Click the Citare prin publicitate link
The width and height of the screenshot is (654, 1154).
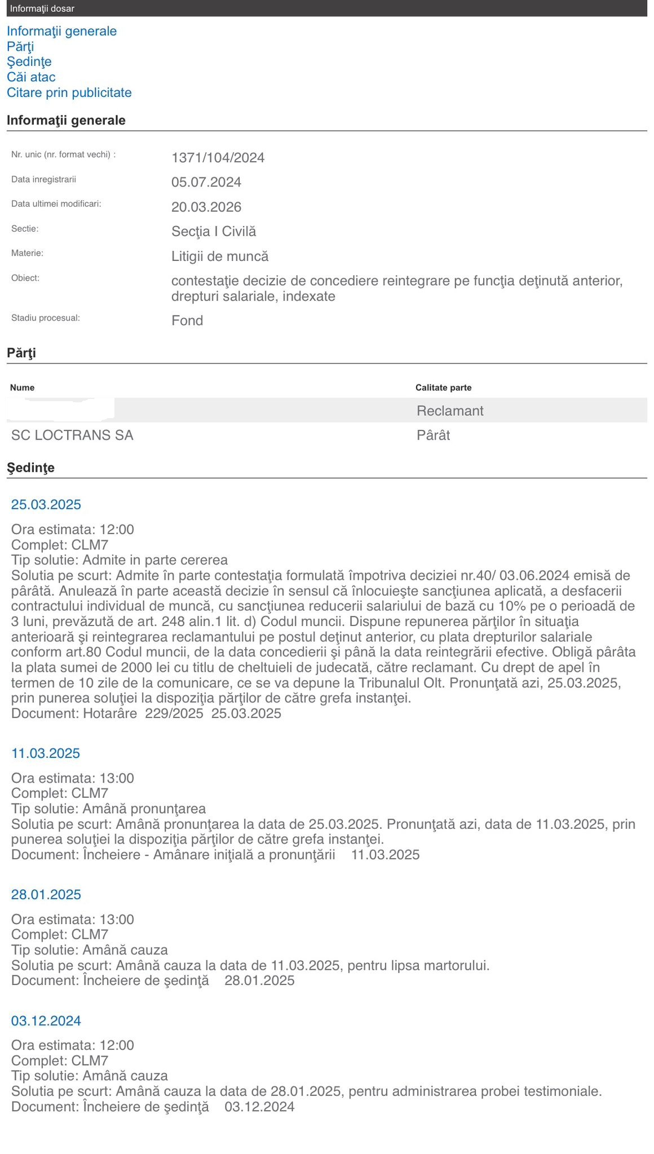pos(69,92)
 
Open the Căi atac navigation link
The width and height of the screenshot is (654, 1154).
pos(31,77)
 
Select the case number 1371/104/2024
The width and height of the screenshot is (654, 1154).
pos(218,158)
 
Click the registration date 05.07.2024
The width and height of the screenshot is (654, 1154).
pos(206,182)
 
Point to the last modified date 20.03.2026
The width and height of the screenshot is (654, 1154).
pos(206,207)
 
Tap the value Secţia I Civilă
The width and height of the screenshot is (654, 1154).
pos(214,231)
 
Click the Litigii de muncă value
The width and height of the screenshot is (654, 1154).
pos(220,256)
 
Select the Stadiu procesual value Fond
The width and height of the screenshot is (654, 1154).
pos(187,321)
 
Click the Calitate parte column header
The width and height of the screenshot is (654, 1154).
pos(443,388)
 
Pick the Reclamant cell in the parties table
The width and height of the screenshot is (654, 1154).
pos(450,411)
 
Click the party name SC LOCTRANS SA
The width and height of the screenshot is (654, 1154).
pos(72,435)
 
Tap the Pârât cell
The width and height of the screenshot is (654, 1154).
pos(433,435)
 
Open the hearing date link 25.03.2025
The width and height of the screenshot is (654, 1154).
pos(46,504)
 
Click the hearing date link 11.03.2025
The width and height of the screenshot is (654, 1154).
pos(46,753)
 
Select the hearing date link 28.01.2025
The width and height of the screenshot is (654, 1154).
pos(46,895)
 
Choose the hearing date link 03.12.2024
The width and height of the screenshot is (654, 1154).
pos(46,1021)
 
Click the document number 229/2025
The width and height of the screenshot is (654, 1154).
pos(174,713)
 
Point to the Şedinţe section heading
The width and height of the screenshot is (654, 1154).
pos(30,468)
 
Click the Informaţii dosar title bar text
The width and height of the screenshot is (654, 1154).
pos(42,8)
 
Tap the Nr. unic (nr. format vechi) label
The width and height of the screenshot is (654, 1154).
pos(63,154)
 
